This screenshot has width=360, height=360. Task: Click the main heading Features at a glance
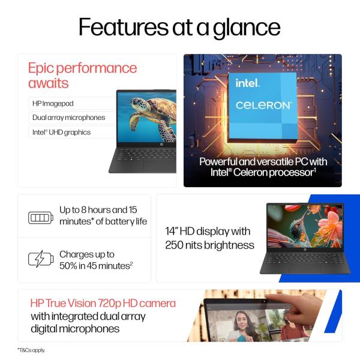(x=179, y=27)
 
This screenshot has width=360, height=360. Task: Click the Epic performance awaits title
(x=82, y=75)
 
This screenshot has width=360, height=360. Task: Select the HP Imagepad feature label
(x=53, y=103)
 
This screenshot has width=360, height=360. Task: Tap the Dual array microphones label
(x=68, y=118)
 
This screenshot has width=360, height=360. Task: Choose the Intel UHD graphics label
(x=61, y=132)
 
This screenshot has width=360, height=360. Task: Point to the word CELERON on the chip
(x=263, y=105)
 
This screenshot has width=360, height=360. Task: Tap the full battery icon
(x=41, y=217)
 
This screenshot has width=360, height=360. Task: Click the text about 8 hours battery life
(x=103, y=215)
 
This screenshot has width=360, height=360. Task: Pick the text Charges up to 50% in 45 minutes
(x=95, y=260)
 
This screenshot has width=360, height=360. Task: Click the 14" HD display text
(x=209, y=238)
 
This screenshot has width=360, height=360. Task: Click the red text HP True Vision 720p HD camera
(x=103, y=303)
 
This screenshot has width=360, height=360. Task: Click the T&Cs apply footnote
(x=31, y=350)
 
